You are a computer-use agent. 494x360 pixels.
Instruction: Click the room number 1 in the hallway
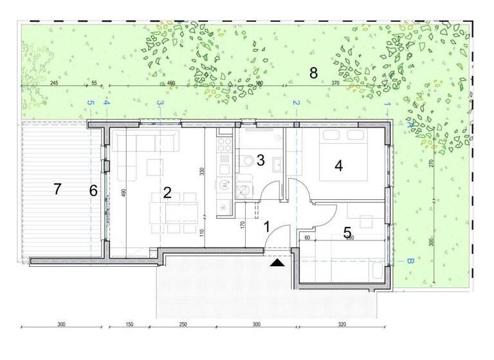tap(266, 226)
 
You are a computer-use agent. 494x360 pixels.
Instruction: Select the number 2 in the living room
tap(167, 192)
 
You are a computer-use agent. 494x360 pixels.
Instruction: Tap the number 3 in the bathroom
tap(261, 160)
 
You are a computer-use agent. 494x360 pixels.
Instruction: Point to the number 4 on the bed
tap(338, 165)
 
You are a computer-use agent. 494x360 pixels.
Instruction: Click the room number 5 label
tap(347, 233)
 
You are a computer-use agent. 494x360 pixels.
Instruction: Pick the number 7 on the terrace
tap(57, 189)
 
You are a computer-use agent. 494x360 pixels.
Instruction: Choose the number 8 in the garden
tap(314, 73)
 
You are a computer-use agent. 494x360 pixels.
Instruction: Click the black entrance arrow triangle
tap(277, 262)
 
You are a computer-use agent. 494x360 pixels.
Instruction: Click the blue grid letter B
tap(408, 262)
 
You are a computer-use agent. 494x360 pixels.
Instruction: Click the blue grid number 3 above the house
tap(161, 103)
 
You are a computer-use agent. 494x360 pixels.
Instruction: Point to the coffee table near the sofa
tap(154, 167)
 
